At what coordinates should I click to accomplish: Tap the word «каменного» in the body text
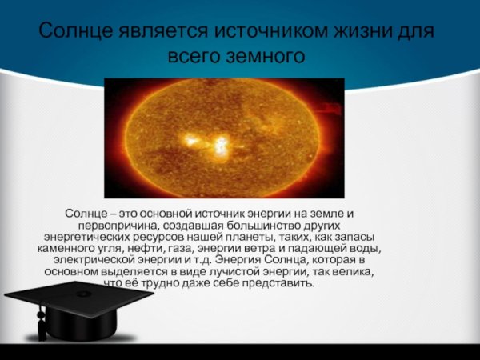click(70, 249)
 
